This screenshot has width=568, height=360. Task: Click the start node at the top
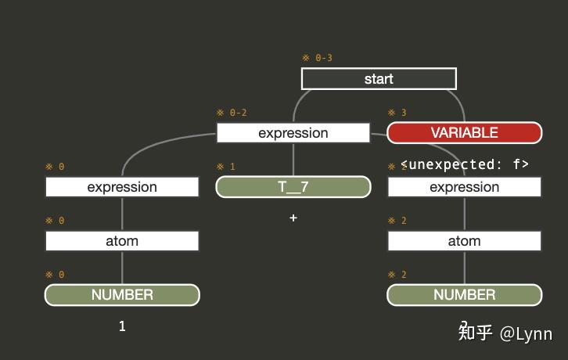[379, 79]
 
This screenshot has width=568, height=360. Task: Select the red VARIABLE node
[464, 133]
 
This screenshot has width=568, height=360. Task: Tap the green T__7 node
[293, 187]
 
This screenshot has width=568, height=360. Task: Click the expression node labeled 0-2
[293, 133]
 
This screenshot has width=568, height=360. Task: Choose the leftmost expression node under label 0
[122, 187]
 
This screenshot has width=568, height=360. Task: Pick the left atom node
[122, 241]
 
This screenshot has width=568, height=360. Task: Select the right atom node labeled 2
[464, 241]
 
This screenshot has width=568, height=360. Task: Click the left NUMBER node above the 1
[122, 295]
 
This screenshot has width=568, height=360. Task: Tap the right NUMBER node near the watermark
[464, 295]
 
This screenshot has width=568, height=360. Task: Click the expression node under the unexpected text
[464, 187]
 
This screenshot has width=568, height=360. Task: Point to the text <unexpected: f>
[465, 164]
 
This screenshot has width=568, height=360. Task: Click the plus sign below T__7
[293, 218]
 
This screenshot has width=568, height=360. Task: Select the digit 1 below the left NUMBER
[122, 326]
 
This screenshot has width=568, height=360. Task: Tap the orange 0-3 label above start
[318, 58]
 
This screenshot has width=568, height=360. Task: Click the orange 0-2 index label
[232, 113]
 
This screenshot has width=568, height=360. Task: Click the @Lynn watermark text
[527, 333]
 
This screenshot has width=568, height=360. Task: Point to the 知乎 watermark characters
[475, 333]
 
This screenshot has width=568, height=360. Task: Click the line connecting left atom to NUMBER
[122, 268]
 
